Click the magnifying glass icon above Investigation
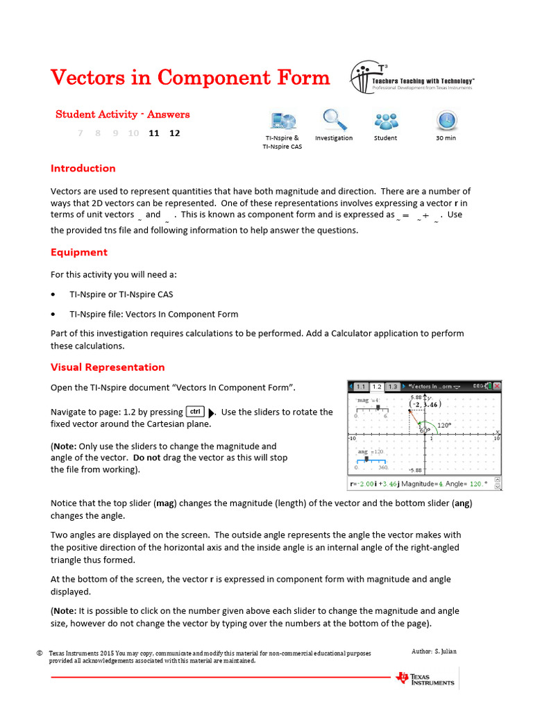click(334, 120)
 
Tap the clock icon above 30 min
click(446, 120)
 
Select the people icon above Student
click(385, 122)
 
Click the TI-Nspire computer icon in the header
click(281, 121)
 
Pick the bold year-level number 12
click(174, 133)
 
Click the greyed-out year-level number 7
click(81, 133)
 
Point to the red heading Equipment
click(79, 252)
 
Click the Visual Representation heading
click(108, 367)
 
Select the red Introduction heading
click(83, 168)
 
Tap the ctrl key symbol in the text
click(195, 411)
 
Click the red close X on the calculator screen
click(497, 386)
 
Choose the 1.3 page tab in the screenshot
click(393, 386)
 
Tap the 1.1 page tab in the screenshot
click(361, 386)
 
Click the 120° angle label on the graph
click(445, 425)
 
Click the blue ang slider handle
click(366, 460)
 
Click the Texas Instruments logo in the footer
click(425, 678)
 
